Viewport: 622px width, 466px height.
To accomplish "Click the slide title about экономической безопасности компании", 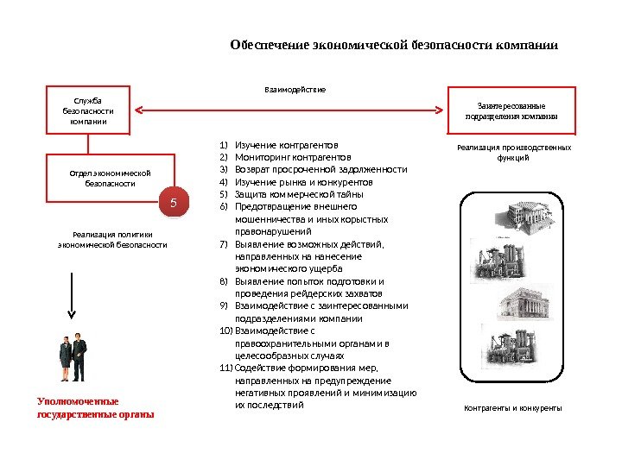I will click(x=394, y=45).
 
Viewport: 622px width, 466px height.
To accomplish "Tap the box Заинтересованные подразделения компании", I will click(x=511, y=110).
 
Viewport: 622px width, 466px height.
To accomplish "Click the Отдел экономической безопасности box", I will click(x=110, y=179).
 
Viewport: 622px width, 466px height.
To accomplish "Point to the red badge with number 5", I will click(x=173, y=204).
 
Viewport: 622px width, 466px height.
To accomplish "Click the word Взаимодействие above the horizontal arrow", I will click(x=295, y=89).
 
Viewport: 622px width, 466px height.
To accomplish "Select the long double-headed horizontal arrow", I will click(x=294, y=110).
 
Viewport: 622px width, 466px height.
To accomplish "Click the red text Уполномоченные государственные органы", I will click(x=95, y=407).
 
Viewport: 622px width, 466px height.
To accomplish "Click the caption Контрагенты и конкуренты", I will click(x=512, y=407).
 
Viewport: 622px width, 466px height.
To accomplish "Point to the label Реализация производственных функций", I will click(x=513, y=153).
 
